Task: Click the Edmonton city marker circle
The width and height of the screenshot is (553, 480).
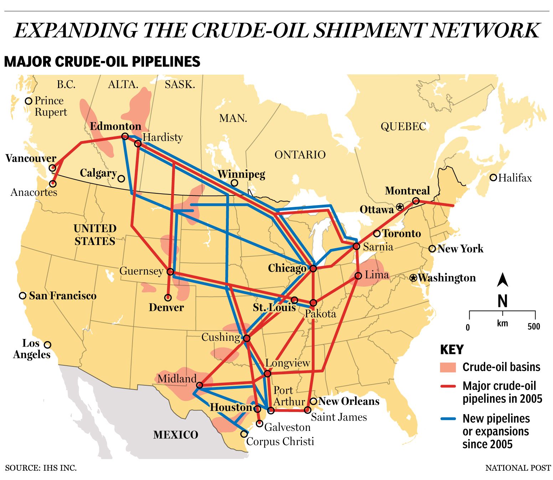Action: tap(125, 136)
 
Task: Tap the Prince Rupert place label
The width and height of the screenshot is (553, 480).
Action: tap(50, 106)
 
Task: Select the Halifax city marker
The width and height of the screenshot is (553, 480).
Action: tap(493, 177)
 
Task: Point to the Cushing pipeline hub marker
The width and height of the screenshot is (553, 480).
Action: tap(247, 338)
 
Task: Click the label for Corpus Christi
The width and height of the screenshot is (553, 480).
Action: tap(280, 442)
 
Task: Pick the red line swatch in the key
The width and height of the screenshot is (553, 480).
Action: tap(448, 386)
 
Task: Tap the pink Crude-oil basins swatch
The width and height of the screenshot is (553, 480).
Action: tap(448, 367)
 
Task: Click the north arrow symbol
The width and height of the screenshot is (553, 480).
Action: tap(502, 280)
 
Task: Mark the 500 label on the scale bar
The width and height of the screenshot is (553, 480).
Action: tap(534, 327)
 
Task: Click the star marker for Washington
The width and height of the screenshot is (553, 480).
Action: tap(413, 278)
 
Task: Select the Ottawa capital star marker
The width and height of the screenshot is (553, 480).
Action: tap(400, 207)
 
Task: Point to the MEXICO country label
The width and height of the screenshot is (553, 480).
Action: tap(176, 435)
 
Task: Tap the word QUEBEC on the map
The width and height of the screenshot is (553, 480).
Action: tap(403, 126)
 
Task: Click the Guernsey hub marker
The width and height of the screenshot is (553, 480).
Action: tap(170, 272)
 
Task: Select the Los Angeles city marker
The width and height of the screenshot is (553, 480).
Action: tap(47, 345)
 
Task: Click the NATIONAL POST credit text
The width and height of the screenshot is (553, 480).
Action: tap(518, 468)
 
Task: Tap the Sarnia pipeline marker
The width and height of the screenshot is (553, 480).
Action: tap(356, 246)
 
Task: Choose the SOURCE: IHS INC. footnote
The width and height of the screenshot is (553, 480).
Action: tap(41, 468)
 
